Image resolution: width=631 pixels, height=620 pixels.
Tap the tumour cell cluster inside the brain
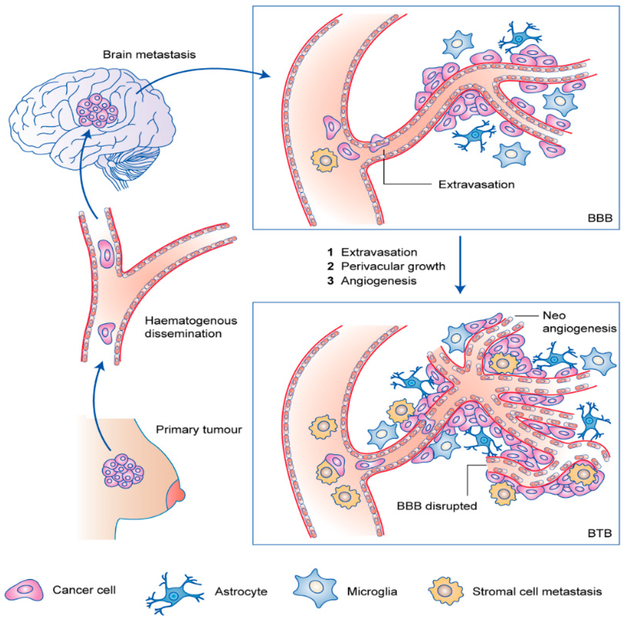97,111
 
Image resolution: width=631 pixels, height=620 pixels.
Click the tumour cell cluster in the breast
123,471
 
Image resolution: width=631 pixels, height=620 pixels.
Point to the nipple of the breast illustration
177,494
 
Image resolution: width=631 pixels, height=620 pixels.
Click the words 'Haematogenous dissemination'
191,327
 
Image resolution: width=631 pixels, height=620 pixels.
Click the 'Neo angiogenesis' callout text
579,322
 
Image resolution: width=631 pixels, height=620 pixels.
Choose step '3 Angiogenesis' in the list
372,281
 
